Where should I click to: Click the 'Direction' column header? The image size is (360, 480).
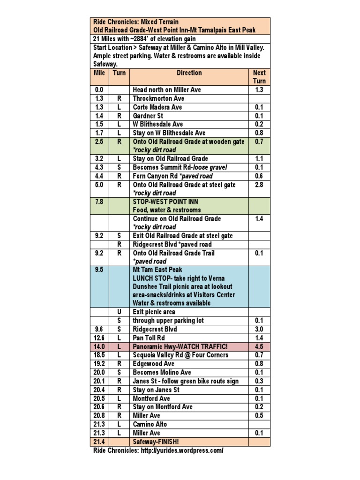(189, 73)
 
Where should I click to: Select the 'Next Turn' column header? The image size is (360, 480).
(259, 76)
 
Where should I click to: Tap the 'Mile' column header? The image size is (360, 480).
(99, 73)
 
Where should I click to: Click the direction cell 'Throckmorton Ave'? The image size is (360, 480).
(158, 98)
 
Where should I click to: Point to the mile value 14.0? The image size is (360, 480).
(99, 346)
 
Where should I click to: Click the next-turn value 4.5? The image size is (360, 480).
(259, 346)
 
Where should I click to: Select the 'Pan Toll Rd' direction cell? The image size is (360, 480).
(150, 338)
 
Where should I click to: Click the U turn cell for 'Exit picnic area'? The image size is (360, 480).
(119, 312)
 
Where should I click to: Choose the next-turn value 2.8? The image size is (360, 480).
(259, 185)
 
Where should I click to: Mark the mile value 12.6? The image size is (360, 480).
(99, 338)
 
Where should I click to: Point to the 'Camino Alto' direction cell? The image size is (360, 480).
(150, 424)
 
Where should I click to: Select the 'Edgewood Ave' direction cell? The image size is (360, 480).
(154, 364)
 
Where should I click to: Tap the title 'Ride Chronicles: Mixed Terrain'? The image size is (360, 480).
(136, 22)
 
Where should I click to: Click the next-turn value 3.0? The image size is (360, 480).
(259, 330)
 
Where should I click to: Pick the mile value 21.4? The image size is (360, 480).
(99, 442)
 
